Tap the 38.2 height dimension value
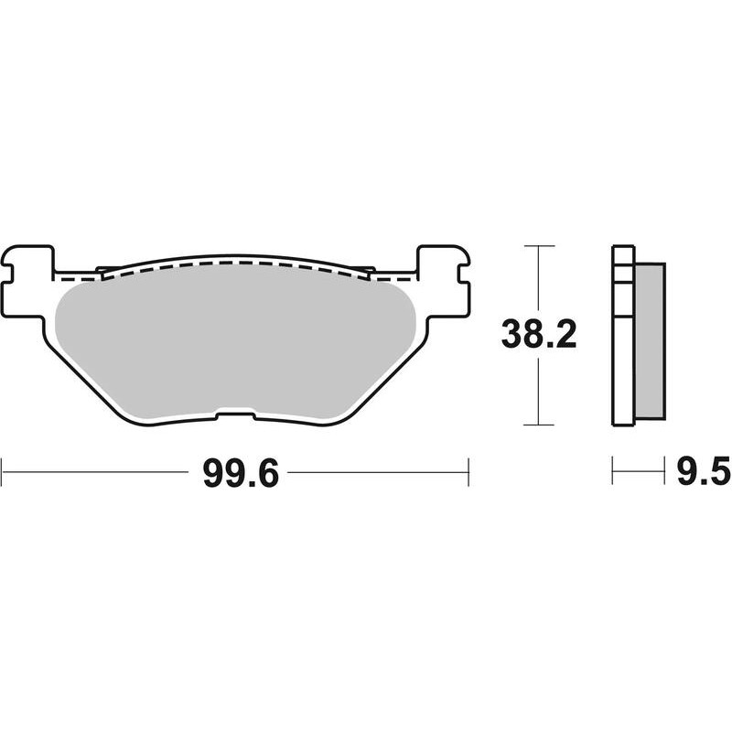point(537,336)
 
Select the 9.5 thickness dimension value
point(702,473)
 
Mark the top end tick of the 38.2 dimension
point(539,246)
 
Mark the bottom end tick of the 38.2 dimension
point(539,425)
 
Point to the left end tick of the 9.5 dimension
point(613,472)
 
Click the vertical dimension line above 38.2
point(539,279)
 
